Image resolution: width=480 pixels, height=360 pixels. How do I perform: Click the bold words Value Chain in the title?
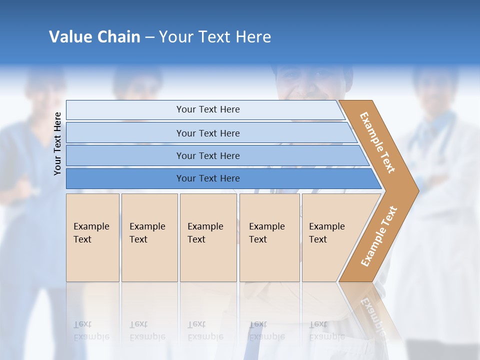point(94,37)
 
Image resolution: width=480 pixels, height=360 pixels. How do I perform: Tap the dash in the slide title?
point(149,37)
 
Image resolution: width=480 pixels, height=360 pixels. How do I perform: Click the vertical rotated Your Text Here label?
point(58,143)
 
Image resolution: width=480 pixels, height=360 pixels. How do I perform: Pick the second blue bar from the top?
point(207,133)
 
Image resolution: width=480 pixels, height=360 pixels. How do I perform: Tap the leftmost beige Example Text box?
point(92,237)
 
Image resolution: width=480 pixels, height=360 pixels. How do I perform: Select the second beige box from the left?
point(149,237)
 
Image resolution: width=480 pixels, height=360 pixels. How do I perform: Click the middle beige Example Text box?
point(208,237)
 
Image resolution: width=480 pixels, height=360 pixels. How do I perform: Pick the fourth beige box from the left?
point(269,237)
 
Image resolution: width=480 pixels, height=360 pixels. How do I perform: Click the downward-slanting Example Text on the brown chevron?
point(377,142)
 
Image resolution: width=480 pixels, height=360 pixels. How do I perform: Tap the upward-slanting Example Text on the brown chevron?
point(378,236)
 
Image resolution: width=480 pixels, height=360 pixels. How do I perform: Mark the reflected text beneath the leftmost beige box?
point(91,330)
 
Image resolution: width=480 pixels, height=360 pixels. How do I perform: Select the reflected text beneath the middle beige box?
point(205,330)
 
